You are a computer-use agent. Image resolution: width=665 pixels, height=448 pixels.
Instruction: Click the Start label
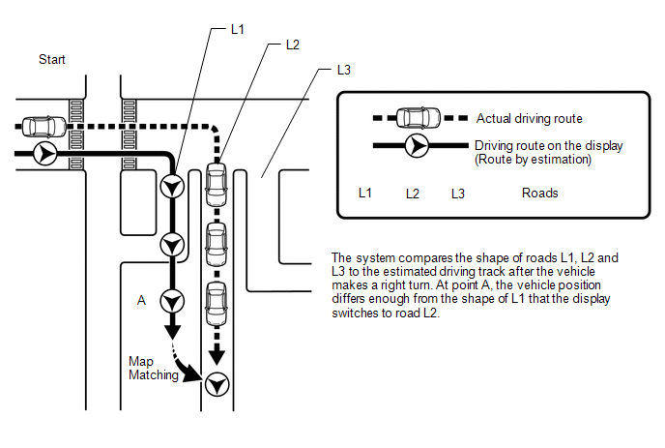(x=52, y=60)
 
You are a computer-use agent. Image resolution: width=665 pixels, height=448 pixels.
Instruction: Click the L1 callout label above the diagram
(x=238, y=30)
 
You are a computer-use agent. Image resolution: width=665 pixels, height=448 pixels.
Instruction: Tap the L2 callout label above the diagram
(x=293, y=45)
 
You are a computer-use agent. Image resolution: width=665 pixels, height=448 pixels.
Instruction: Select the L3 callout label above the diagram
(x=343, y=71)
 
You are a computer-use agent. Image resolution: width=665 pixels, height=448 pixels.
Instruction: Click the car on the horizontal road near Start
(x=41, y=126)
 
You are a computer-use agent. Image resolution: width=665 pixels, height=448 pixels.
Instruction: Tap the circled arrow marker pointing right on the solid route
(x=44, y=153)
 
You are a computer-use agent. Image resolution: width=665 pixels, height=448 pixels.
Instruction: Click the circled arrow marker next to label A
(x=172, y=301)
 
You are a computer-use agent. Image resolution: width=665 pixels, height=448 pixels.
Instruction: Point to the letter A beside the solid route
(x=141, y=301)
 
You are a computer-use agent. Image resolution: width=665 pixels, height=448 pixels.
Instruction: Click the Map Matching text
(x=153, y=368)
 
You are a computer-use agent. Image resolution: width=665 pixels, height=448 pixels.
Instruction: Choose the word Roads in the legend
(x=539, y=193)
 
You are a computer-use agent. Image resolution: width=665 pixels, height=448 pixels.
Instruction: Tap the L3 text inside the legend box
(x=458, y=193)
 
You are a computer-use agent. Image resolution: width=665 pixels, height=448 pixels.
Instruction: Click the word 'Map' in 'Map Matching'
(x=141, y=361)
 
